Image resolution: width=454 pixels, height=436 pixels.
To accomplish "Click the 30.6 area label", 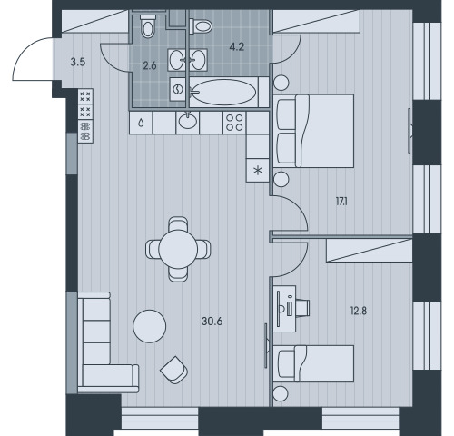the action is click(x=212, y=322).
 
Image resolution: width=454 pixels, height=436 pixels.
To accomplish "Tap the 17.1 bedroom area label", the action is click(x=341, y=202).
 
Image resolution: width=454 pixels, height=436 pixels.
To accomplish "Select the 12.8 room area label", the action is click(x=359, y=311).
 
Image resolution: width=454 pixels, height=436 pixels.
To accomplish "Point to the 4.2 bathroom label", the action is click(x=237, y=47).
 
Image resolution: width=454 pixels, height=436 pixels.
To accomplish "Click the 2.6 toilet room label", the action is click(x=150, y=65).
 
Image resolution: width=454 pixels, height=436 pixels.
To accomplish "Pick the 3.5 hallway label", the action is click(x=78, y=63).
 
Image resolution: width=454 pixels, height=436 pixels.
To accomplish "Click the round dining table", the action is click(x=178, y=249).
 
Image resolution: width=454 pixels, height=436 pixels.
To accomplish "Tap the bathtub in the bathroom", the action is click(x=224, y=92).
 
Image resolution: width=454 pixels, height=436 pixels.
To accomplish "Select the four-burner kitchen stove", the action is click(x=234, y=123).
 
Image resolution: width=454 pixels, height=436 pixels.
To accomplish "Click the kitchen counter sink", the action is click(x=188, y=122).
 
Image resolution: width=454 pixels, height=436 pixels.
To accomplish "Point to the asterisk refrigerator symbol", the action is click(x=258, y=171).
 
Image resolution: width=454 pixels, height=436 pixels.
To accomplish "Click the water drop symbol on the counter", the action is click(x=141, y=123).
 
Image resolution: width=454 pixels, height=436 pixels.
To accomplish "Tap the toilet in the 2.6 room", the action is click(x=148, y=26).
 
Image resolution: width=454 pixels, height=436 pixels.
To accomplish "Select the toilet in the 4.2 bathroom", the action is click(x=201, y=26).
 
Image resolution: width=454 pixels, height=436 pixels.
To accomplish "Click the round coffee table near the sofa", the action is click(x=150, y=326).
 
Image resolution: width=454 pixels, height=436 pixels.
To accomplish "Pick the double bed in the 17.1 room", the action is click(x=313, y=131).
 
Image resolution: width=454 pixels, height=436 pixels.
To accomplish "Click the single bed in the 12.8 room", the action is click(x=313, y=363).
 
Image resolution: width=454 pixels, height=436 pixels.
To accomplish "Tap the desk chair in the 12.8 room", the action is click(x=303, y=308).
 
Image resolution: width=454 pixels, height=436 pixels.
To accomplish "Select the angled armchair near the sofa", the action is click(x=173, y=370).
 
